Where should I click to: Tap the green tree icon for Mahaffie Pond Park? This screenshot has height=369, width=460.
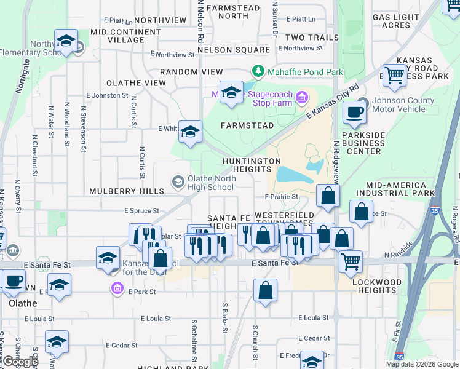[x=258, y=71]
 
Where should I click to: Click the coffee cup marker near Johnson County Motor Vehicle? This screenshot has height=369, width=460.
[x=354, y=112]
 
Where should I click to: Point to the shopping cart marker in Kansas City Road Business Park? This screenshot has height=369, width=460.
[x=394, y=75]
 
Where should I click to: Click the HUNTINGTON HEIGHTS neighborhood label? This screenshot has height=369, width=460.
[x=252, y=165]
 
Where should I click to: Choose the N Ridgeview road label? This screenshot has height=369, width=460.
[x=337, y=161]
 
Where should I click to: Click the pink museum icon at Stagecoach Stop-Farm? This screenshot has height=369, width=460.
[x=301, y=97]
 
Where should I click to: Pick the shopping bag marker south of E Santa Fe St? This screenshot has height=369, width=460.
[x=264, y=290]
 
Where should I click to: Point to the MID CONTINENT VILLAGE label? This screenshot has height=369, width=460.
[x=125, y=36]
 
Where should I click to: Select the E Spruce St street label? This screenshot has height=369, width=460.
[x=141, y=211]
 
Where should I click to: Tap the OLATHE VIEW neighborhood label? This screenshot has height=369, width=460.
[x=136, y=83]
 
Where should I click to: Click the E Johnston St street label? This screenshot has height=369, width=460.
[x=107, y=96]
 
